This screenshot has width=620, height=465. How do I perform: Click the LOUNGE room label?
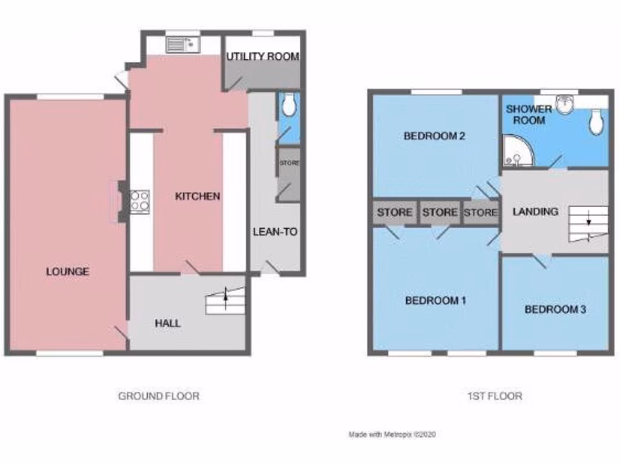coord(67,271)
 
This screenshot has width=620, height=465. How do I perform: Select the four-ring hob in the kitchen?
coord(140,201)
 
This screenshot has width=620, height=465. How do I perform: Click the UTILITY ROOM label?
coord(263,56)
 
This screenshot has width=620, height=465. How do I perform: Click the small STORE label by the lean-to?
coord(289,163)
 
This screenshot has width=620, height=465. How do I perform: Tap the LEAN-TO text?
coord(275,231)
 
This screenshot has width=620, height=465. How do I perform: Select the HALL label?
coord(168,323)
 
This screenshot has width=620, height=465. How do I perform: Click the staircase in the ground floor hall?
coord(225,301)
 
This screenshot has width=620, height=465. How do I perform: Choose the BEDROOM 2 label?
coord(434,136)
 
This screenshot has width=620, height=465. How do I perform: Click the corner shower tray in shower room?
coord(516,151)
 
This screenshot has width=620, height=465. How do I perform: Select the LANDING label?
coord(535,211)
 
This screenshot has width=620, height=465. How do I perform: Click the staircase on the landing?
coord(587,222)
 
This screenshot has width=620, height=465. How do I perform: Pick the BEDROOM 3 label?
coord(555,309)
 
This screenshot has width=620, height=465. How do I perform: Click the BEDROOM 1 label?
coord(435,300)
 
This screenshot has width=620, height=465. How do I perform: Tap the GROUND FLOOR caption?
coord(158,396)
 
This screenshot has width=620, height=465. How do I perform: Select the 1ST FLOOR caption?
coord(495,396)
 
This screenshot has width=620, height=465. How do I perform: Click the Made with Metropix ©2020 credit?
coord(392,434)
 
